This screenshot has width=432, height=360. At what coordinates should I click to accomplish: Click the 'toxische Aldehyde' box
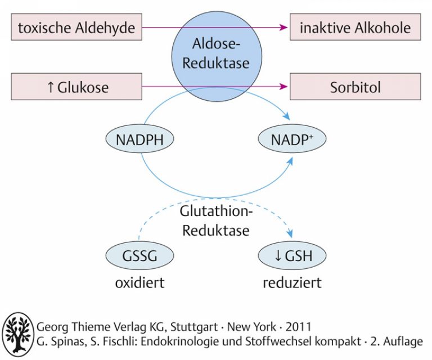[76, 27]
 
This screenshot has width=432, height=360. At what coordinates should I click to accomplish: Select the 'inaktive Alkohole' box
[355, 27]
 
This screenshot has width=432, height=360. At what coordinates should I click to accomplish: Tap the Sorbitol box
[355, 87]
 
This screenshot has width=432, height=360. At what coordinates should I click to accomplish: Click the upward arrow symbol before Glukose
[51, 87]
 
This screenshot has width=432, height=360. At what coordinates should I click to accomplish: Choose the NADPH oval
[139, 139]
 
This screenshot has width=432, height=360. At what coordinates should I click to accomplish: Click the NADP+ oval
[292, 139]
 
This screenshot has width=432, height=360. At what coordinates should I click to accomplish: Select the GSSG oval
[139, 255]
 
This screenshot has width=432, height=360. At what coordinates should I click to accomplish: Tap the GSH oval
[292, 255]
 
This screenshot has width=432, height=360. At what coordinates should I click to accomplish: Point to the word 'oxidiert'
[139, 283]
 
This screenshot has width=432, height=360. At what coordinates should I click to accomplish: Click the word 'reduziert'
[292, 283]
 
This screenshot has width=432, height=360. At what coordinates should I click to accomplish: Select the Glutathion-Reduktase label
[216, 221]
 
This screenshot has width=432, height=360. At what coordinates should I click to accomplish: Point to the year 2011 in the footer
[298, 327]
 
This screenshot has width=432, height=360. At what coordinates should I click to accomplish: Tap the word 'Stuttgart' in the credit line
[194, 327]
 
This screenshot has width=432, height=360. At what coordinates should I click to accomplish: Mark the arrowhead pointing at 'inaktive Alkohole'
[283, 27]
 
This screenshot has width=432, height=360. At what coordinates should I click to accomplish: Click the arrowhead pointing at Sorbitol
[283, 87]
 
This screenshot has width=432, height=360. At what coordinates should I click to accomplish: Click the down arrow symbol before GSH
[278, 255]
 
